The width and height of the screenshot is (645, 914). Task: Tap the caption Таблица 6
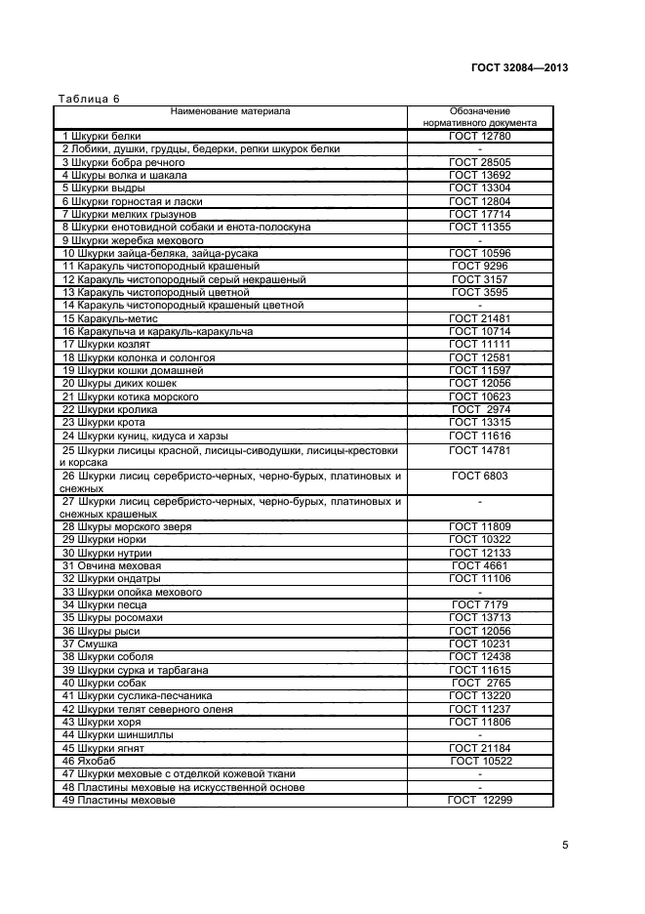(x=89, y=99)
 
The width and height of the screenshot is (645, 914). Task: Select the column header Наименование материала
(x=230, y=111)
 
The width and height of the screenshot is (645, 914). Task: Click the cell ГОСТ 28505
(x=479, y=162)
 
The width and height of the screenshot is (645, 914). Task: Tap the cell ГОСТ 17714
(x=479, y=214)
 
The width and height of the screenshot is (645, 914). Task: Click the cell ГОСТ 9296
(x=479, y=266)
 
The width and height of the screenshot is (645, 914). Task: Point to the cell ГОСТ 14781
(x=479, y=450)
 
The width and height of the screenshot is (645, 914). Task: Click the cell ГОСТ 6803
(x=479, y=476)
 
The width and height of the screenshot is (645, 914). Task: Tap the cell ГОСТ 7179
(x=479, y=604)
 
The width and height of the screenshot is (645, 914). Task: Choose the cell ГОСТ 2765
(x=479, y=684)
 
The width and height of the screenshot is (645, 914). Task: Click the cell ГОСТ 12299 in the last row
(x=479, y=801)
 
